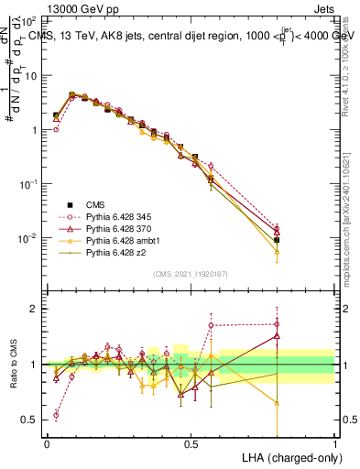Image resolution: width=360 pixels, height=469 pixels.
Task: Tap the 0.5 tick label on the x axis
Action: coord(191,443)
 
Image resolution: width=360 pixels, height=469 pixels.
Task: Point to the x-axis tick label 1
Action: coord(335,443)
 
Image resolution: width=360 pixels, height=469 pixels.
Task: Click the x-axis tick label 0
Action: coord(47,443)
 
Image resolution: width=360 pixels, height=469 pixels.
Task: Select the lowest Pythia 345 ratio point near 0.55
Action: coord(56,415)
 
